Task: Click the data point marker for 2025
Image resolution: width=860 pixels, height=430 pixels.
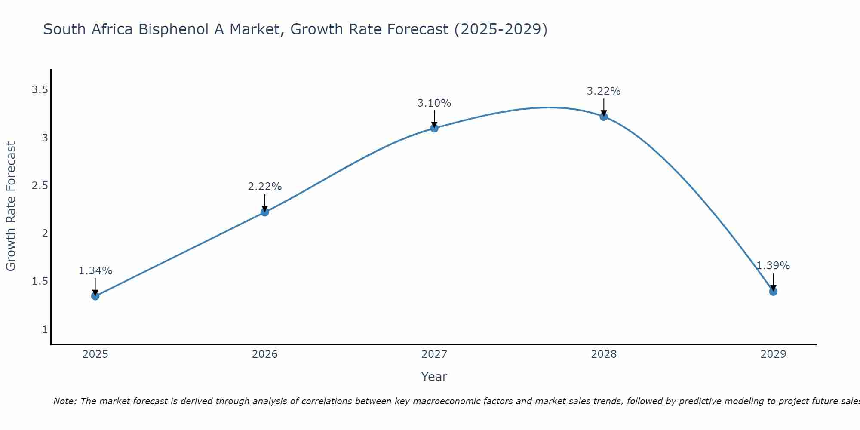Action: pos(95,296)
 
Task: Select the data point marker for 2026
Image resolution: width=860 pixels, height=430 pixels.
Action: pos(265,212)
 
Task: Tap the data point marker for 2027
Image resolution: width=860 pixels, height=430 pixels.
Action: pos(434,128)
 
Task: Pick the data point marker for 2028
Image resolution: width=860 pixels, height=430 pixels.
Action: pos(604,117)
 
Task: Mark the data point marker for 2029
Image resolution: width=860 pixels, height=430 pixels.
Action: pos(773,292)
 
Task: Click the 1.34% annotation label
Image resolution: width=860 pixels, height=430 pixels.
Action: pos(95,271)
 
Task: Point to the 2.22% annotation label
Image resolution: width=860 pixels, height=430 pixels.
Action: pos(265,187)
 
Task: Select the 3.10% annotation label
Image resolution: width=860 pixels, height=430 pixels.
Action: pos(434,103)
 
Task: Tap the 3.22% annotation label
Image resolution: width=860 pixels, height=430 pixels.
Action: pos(604,91)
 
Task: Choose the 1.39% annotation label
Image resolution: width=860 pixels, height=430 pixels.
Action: pos(773,266)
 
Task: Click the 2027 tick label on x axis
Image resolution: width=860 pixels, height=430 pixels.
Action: pos(434,354)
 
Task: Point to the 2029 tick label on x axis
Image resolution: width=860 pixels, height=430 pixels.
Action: pos(773,354)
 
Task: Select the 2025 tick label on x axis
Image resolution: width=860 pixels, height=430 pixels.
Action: pos(95,354)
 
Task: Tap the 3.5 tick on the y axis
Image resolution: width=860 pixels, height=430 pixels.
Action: pos(40,90)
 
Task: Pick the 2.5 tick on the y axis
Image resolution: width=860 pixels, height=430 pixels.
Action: pos(40,186)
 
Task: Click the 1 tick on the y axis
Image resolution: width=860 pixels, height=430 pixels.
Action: pos(45,329)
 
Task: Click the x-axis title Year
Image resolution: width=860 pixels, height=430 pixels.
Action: pos(434,377)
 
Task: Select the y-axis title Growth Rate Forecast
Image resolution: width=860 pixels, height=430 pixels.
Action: pos(11,206)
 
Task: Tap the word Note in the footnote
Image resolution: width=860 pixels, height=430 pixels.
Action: pos(64,401)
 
